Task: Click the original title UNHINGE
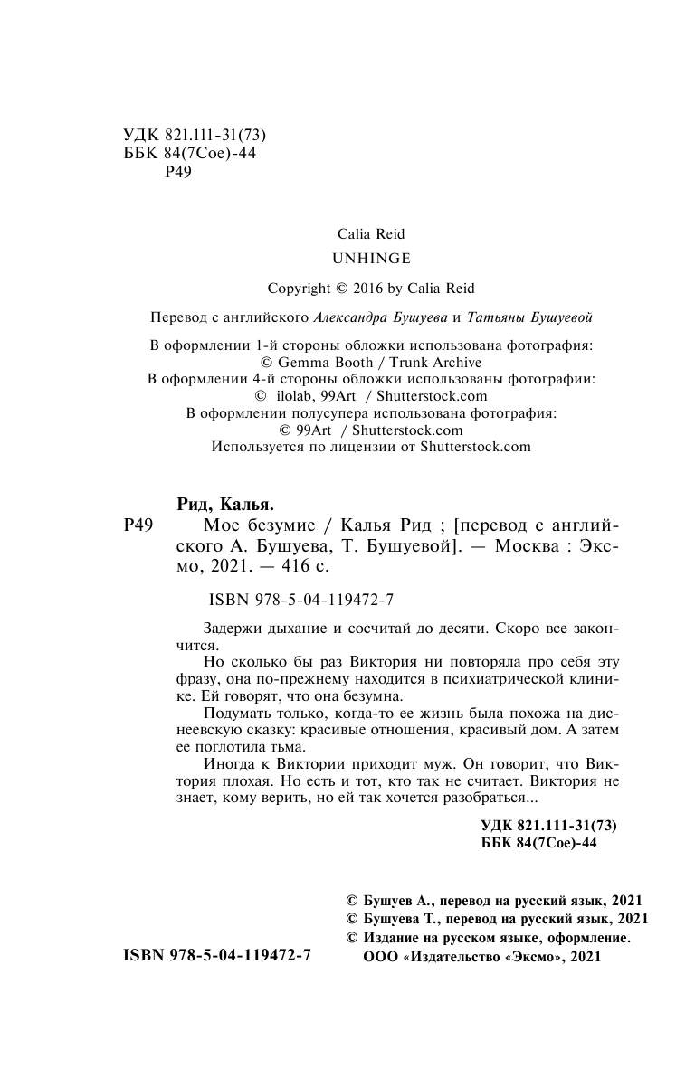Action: (371, 258)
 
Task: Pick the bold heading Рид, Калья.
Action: (224, 505)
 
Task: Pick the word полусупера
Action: (349, 413)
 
